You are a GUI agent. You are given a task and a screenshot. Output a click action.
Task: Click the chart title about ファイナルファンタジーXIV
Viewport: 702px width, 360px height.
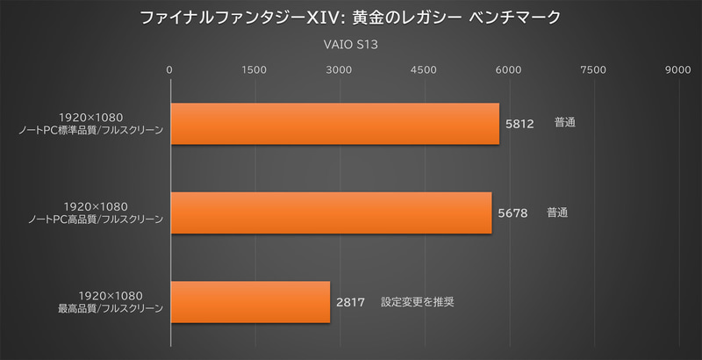click(x=350, y=17)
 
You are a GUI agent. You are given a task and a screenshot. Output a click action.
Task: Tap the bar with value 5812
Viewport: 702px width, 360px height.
click(x=334, y=124)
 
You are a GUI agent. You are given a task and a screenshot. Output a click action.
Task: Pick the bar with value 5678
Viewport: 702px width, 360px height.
click(x=331, y=212)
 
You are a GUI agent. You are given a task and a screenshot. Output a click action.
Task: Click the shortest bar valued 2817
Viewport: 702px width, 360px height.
click(x=250, y=302)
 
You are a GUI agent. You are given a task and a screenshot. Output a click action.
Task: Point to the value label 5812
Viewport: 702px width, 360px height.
click(x=520, y=125)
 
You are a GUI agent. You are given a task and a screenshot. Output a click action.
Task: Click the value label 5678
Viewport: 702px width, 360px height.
click(x=512, y=213)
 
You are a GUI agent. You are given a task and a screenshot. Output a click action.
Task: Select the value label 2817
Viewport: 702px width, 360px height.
click(x=350, y=303)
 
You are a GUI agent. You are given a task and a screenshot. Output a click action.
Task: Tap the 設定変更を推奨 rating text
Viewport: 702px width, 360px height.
click(x=417, y=302)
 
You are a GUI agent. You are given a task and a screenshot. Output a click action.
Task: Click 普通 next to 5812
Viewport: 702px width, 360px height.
click(x=565, y=124)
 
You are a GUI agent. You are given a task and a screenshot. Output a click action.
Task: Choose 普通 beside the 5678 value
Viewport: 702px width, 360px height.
click(x=558, y=212)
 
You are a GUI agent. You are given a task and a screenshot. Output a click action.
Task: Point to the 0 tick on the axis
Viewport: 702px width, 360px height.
click(x=169, y=69)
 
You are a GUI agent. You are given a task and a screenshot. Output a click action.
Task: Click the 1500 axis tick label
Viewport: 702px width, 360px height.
click(x=254, y=69)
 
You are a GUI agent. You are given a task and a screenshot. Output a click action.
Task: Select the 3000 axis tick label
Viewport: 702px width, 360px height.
click(x=340, y=69)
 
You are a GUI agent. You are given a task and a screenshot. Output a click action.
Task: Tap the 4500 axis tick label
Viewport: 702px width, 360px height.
click(x=424, y=69)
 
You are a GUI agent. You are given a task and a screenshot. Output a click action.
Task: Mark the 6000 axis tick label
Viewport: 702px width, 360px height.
click(x=509, y=69)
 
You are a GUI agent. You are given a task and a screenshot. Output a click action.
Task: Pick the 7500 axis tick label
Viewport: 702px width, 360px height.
click(x=594, y=69)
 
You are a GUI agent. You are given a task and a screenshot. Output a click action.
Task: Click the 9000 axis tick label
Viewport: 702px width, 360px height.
click(x=678, y=69)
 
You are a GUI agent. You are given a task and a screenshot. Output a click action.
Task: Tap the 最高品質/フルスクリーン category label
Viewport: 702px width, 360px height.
click(x=110, y=308)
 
